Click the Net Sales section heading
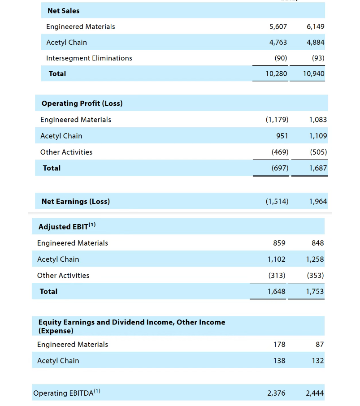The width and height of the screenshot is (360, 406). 63,11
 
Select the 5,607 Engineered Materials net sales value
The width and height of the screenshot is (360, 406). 278,26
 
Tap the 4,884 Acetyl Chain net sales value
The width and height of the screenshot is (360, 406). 315,43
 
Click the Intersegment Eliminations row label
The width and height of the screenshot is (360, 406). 89,58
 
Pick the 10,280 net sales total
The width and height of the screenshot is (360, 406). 276,73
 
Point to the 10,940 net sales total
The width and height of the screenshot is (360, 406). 313,73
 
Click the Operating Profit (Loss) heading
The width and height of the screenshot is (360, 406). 82,104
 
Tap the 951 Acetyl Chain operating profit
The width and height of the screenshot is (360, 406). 282,136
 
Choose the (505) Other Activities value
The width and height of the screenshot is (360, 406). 318,152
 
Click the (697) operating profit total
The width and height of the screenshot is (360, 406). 280,168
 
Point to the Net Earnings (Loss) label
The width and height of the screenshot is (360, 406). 75,202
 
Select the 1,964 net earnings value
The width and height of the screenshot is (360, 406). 318,202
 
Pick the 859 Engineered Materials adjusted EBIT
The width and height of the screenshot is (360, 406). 279,243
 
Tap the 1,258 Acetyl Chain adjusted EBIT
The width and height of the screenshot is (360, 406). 315,259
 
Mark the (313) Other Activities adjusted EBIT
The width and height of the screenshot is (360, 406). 277,275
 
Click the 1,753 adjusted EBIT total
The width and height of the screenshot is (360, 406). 315,291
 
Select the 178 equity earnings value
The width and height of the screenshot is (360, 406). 279,344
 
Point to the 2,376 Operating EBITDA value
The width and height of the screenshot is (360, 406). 276,393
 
